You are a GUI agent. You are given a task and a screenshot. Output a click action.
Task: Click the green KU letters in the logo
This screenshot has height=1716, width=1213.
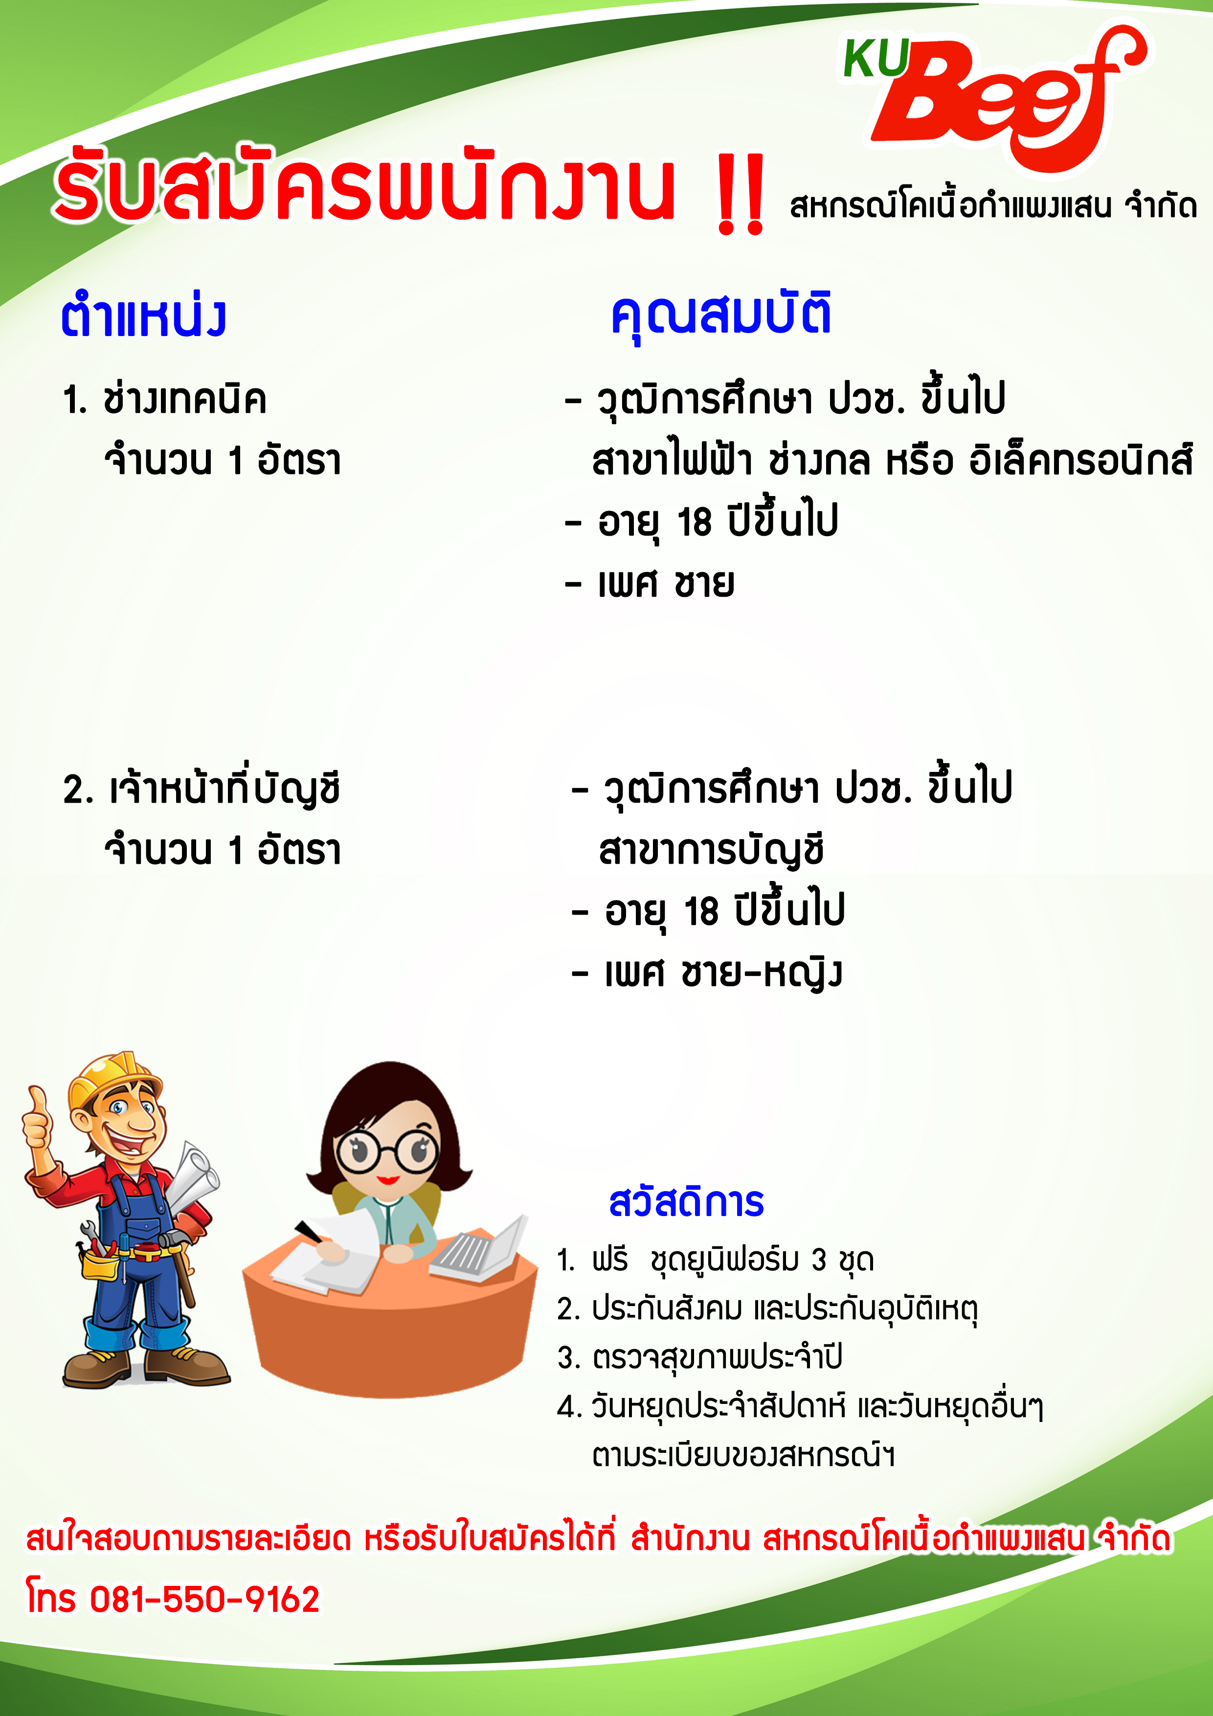click(876, 58)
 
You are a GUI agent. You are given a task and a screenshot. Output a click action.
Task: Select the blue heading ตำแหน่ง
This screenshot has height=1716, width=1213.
click(143, 316)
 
